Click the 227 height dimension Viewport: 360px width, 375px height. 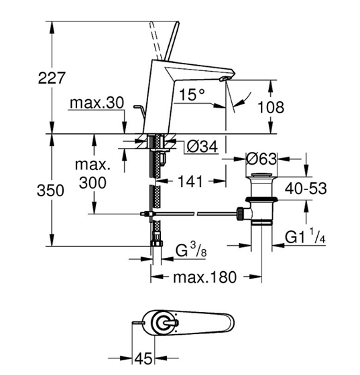52,78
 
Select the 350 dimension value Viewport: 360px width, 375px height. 50,190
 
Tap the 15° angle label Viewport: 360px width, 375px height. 192,94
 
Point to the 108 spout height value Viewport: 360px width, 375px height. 271,107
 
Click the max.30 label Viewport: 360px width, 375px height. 97,102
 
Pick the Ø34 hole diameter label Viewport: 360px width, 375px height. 202,146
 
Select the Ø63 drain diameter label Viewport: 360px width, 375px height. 261,159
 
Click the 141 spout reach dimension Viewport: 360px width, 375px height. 190,181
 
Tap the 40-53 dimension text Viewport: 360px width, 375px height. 306,188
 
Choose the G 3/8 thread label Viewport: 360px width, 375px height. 191,250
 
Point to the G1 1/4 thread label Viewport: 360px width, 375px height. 305,236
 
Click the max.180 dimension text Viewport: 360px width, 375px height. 205,277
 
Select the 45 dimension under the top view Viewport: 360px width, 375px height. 143,358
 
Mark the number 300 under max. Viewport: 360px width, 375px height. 93,183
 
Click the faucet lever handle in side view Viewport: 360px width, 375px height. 171,41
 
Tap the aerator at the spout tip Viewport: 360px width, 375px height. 225,79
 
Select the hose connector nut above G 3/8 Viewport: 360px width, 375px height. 157,243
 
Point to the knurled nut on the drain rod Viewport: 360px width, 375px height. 240,214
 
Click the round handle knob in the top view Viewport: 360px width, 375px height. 164,323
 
